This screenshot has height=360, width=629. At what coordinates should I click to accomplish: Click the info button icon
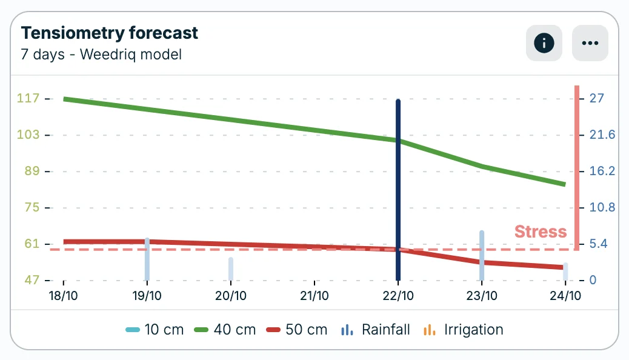pos(544,43)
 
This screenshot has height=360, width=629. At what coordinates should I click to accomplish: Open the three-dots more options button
pos(590,43)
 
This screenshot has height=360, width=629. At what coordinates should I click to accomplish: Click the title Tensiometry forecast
pos(109,33)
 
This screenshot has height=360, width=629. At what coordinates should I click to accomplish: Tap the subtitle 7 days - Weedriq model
pos(101,55)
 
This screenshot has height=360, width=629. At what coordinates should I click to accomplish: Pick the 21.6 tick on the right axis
pos(602,135)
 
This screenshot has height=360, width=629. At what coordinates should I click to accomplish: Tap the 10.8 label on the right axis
pos(602,207)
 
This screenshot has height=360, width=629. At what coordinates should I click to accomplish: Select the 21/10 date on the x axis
pos(314,296)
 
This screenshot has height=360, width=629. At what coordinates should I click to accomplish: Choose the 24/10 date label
pos(565,296)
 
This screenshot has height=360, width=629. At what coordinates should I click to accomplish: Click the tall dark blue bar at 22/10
pos(398,188)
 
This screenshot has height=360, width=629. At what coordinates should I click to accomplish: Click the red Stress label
pos(540,232)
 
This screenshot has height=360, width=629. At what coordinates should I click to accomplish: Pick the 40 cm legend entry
pos(225,330)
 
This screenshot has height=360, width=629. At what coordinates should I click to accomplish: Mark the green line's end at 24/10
pos(564,184)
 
